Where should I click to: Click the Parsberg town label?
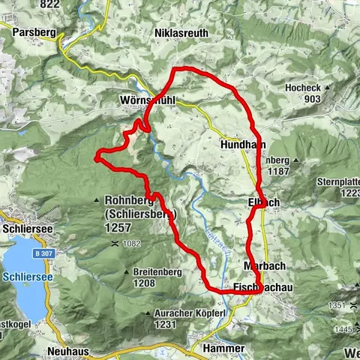coord(34,33)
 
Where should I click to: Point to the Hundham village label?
coord(241,143)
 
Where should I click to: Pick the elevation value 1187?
coord(277,172)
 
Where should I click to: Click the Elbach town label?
coord(263,202)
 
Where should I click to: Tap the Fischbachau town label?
coord(257,288)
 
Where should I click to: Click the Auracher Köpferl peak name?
coord(157,313)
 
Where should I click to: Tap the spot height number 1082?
coord(133,244)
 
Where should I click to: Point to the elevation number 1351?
coord(337,306)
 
